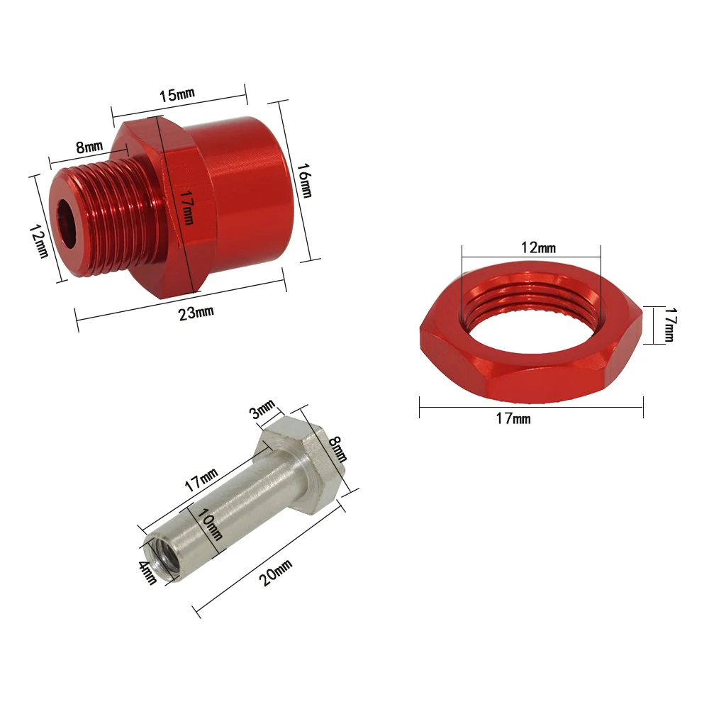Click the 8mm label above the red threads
point(89,147)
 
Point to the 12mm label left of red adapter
point(40,241)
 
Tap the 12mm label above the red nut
point(538,247)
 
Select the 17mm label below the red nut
point(513,418)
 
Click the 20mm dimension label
point(275,571)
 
